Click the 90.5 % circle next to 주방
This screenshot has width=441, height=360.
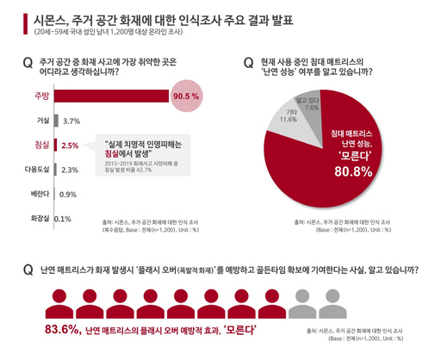click(x=186, y=96)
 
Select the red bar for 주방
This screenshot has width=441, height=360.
click(x=112, y=96)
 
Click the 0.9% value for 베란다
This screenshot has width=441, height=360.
click(x=68, y=194)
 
